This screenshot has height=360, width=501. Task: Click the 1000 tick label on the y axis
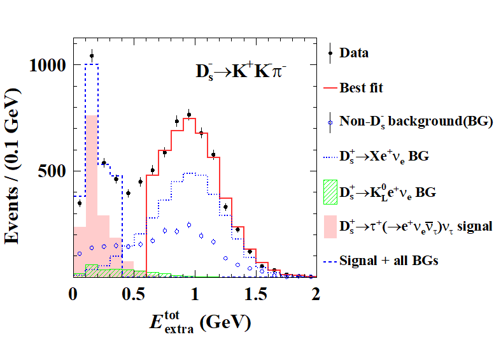click(x=46, y=64)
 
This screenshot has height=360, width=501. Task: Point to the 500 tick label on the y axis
click(x=52, y=171)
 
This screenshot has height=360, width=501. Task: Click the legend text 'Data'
click(x=354, y=53)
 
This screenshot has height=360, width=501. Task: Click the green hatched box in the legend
click(x=329, y=191)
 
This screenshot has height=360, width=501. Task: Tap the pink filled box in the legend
click(x=329, y=226)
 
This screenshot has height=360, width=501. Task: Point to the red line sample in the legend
click(x=329, y=87)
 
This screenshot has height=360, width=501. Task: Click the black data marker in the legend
click(x=330, y=53)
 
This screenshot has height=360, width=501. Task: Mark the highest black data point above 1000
click(x=92, y=55)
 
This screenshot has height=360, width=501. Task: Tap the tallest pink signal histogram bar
click(x=92, y=191)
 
